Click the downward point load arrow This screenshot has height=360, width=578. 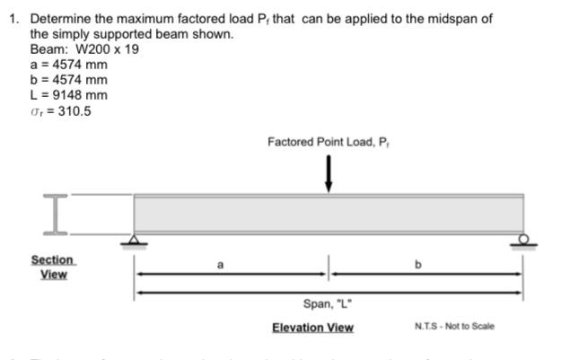click(x=328, y=173)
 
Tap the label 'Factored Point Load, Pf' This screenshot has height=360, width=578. click(x=328, y=141)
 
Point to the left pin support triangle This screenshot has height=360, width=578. click(x=135, y=238)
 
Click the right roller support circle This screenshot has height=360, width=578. click(x=523, y=238)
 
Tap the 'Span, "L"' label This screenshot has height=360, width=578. click(x=328, y=303)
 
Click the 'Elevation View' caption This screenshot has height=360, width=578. click(x=312, y=327)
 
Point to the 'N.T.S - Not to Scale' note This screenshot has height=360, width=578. click(x=454, y=326)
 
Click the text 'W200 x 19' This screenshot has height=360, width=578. click(x=107, y=48)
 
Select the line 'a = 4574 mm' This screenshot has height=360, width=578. click(x=68, y=65)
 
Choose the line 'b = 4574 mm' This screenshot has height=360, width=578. click(x=68, y=80)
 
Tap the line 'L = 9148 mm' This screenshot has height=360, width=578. click(x=68, y=95)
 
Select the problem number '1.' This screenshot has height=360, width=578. click(x=14, y=19)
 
